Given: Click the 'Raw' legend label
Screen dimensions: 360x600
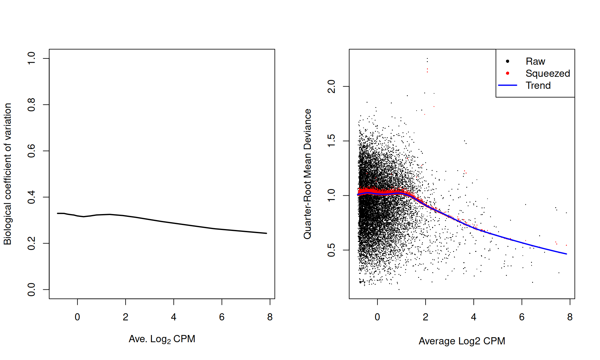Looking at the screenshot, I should [535, 61].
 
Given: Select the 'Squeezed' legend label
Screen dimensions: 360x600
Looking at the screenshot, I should [547, 73].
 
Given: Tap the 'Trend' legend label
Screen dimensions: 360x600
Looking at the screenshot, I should [538, 85].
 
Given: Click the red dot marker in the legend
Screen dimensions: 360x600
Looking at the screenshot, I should [507, 73].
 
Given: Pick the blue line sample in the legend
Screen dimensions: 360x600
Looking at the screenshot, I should [507, 85].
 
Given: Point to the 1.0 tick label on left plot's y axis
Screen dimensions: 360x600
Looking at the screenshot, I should [32, 58].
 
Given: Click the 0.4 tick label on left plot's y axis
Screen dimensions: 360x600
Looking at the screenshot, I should [32, 197].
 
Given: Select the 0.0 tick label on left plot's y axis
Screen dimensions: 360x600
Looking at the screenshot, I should [32, 289].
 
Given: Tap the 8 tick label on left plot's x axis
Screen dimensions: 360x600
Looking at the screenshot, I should [270, 317].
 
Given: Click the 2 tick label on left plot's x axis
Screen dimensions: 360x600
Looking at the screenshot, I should [126, 317].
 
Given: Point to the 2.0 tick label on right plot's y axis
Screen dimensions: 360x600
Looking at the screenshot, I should [332, 86].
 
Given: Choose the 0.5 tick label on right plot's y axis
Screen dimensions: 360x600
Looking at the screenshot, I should [332, 250].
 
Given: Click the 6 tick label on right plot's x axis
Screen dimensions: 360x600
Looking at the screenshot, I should [522, 317].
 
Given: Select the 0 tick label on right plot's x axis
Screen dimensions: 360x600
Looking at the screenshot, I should [377, 317].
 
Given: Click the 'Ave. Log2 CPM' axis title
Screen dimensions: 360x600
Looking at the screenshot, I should [162, 339].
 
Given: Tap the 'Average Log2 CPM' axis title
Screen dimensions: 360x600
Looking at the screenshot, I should [462, 341].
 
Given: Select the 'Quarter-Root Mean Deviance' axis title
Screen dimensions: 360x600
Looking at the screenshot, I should [307, 174].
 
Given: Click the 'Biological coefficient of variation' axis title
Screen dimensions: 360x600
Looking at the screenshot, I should [7, 174].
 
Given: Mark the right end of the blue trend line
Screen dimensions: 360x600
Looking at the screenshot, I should [566, 254].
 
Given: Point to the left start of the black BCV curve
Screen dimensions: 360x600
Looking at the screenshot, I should [58, 213].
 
